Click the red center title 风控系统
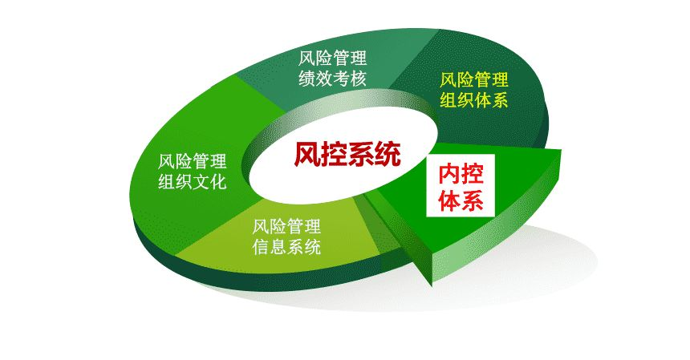346,153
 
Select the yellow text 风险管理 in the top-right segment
474,80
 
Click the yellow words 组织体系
474,100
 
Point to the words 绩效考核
333,79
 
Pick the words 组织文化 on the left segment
193,180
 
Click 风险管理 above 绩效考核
333,59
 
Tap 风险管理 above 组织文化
193,160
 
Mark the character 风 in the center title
305,153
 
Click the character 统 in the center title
387,153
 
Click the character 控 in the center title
332,153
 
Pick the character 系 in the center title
359,153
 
